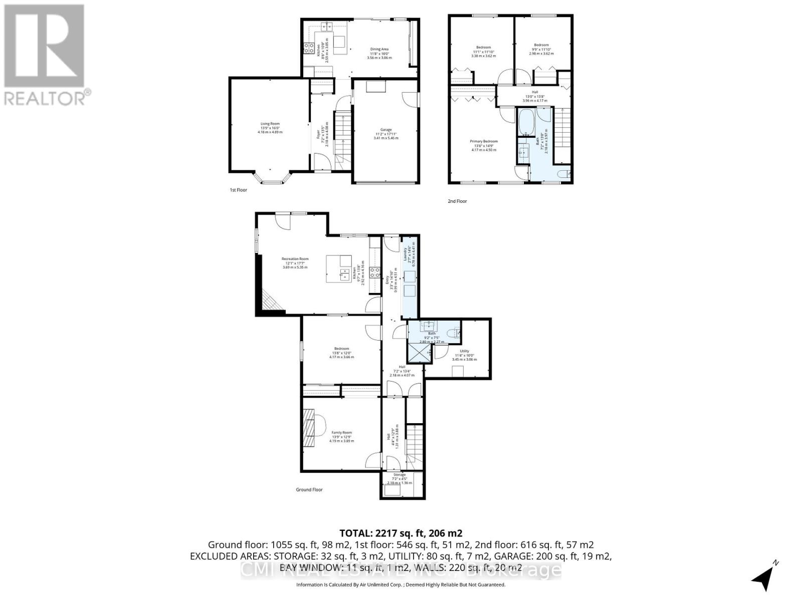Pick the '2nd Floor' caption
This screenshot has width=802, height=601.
click(x=457, y=201)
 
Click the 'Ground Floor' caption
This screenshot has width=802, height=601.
click(x=309, y=490)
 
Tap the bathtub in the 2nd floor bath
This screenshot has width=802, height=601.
click(x=526, y=123)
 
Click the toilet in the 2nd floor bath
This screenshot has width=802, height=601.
click(x=563, y=174)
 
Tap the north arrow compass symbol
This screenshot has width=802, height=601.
click(x=765, y=577)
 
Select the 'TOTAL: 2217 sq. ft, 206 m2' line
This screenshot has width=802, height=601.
click(x=400, y=533)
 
